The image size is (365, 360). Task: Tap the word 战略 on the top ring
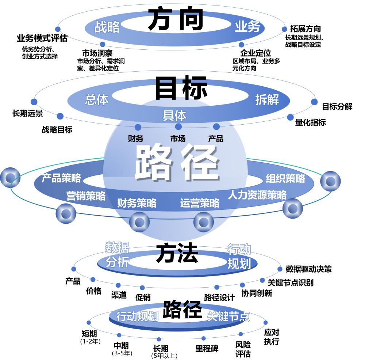(107, 27)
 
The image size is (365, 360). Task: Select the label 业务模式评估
(42, 38)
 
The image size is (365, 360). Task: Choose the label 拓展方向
(306, 29)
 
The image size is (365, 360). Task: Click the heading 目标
(181, 88)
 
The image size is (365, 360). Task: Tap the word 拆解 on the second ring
(267, 99)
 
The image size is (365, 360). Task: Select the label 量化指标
(310, 122)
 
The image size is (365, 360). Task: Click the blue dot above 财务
(138, 127)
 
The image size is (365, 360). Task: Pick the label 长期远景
(27, 113)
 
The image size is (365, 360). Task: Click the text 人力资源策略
(257, 194)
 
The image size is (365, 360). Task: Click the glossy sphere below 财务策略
(139, 221)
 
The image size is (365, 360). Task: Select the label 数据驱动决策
(308, 269)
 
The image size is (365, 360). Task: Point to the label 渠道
(119, 295)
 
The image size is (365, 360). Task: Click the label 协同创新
(257, 293)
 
